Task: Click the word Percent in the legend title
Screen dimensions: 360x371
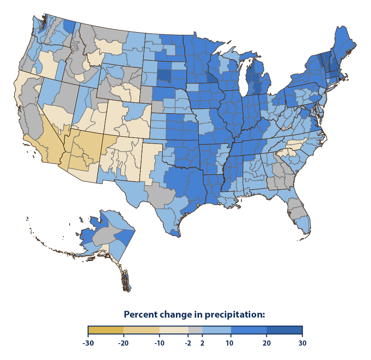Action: coord(140,314)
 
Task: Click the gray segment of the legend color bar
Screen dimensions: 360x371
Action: coord(195,330)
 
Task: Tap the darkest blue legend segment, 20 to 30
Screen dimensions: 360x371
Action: coord(284,330)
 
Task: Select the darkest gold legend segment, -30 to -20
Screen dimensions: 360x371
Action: coord(106,330)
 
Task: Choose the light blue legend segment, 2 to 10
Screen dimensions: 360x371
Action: coord(217,330)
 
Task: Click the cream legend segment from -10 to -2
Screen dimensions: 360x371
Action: coord(174,330)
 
